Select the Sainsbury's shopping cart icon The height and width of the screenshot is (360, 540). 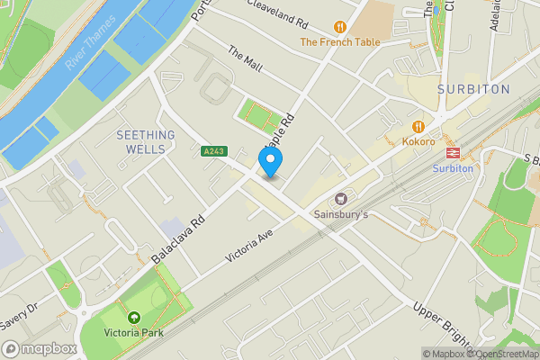pyautogui.click(x=341, y=199)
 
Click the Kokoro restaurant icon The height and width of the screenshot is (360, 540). pyautogui.click(x=418, y=126)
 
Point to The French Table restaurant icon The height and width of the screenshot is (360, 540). pyautogui.click(x=340, y=27)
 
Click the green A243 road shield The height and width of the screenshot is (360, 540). pyautogui.click(x=212, y=150)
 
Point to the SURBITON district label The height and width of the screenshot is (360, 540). pyautogui.click(x=472, y=90)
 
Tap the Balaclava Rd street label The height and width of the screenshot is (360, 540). pyautogui.click(x=180, y=238)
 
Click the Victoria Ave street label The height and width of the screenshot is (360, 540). pyautogui.click(x=248, y=244)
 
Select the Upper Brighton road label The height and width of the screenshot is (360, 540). pyautogui.click(x=442, y=324)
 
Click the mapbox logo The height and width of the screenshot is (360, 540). pyautogui.click(x=39, y=348)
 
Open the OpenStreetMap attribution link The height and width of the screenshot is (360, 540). pyautogui.click(x=504, y=354)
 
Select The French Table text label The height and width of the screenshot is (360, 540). pyautogui.click(x=340, y=41)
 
